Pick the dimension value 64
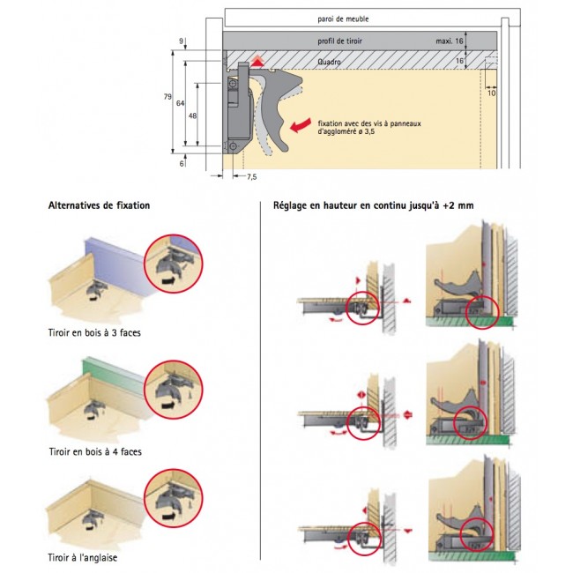(x=180, y=103)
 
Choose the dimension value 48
(x=192, y=115)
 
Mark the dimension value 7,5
(x=251, y=177)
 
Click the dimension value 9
(x=182, y=41)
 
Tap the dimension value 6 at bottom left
(x=182, y=163)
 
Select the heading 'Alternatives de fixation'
(x=99, y=206)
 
